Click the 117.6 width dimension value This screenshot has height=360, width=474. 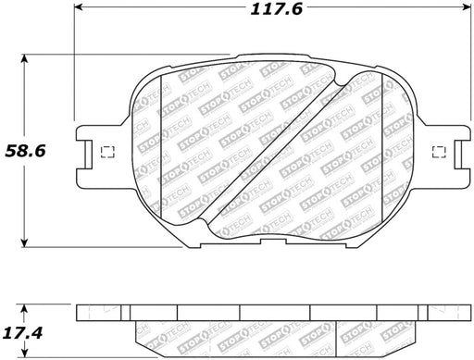tap(276, 9)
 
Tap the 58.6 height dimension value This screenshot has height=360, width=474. tap(25, 151)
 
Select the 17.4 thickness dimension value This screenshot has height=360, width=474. tap(22, 333)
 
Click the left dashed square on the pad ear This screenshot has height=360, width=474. tap(108, 152)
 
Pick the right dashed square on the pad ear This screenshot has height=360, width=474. tap(439, 152)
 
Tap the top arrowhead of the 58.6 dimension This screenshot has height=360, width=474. tap(24, 59)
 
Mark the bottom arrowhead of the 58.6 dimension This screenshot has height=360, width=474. tap(24, 242)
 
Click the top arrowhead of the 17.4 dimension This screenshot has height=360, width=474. tap(24, 309)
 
